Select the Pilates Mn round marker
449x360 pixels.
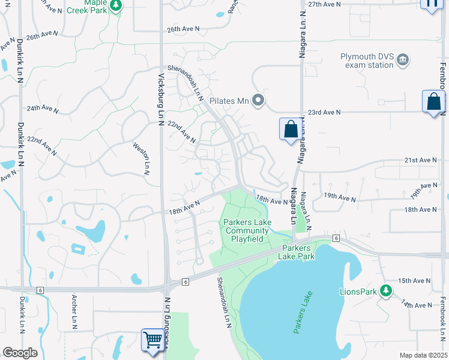pos(258,100)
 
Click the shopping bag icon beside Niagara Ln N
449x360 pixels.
pos(291,129)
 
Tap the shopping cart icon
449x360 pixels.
pos(153,340)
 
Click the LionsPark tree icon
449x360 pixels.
pos(387,292)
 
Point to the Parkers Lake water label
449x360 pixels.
pos(304,313)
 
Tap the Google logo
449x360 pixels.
pos(20,353)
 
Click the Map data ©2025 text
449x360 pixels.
pos(423,355)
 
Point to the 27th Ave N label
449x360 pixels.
pos(324,4)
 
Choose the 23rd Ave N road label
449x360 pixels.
pos(324,112)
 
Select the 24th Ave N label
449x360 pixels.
pos(43,109)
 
